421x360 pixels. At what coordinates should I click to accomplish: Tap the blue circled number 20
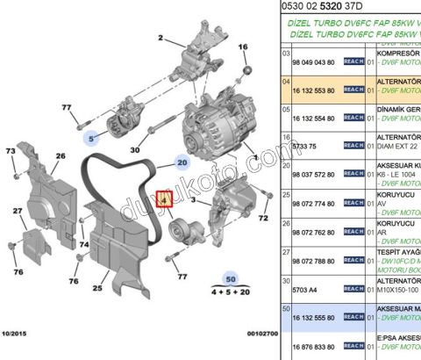coord(182,163)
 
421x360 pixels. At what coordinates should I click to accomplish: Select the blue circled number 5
coord(91,136)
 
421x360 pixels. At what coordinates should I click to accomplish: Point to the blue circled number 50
coord(230,279)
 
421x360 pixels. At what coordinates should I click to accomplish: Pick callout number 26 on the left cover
coord(61,156)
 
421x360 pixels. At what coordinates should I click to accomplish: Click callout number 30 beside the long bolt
coord(136,151)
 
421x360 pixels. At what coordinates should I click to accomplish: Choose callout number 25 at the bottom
coord(98,286)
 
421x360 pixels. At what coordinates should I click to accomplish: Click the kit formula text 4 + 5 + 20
coord(230,292)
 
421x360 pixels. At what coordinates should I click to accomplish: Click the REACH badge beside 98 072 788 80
coord(353,261)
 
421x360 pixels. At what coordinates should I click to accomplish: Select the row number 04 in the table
coord(285,80)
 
